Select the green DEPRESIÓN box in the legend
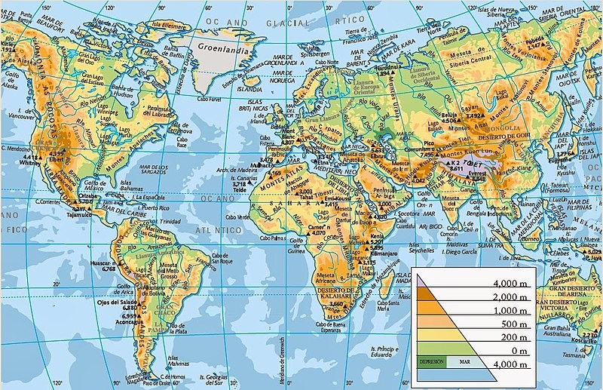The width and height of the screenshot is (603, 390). point(432,362)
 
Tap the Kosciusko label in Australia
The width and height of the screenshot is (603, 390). point(590,340)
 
